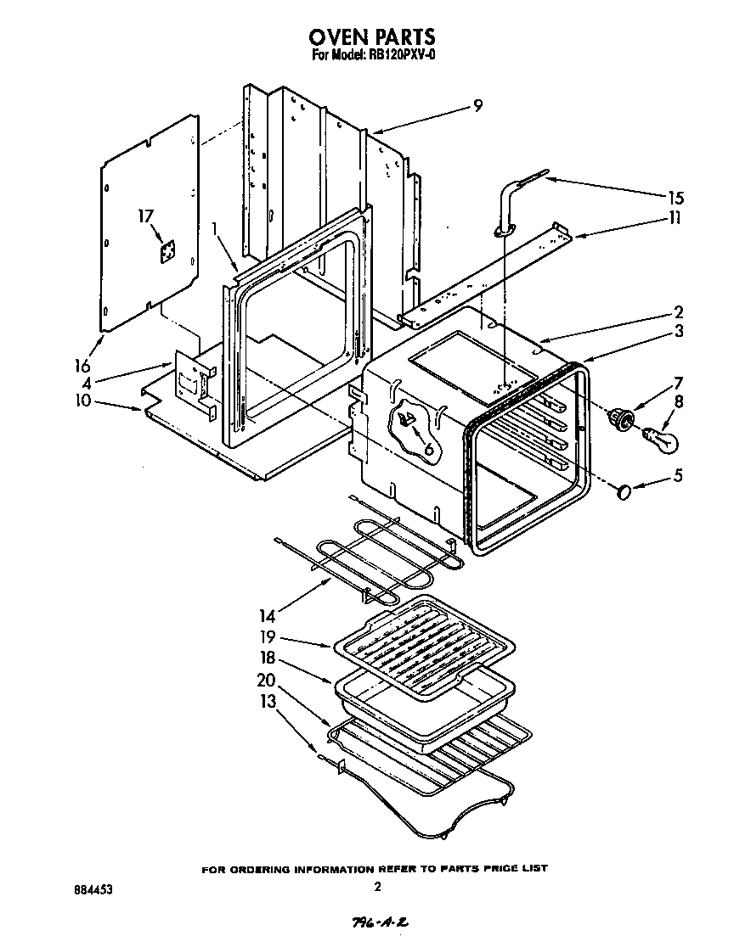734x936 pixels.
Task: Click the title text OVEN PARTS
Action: click(x=372, y=36)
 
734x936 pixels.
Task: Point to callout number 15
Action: click(x=675, y=198)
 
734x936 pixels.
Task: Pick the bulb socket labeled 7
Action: click(x=622, y=418)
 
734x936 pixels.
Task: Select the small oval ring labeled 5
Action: click(x=624, y=491)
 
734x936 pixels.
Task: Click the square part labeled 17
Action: click(x=169, y=252)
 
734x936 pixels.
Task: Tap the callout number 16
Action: click(x=82, y=367)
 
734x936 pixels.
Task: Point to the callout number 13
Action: click(x=268, y=700)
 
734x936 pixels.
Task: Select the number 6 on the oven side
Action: click(x=428, y=448)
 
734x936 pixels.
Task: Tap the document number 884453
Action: click(x=93, y=890)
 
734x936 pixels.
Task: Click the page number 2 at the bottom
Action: click(x=376, y=888)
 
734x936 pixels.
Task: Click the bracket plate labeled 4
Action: click(x=194, y=384)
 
